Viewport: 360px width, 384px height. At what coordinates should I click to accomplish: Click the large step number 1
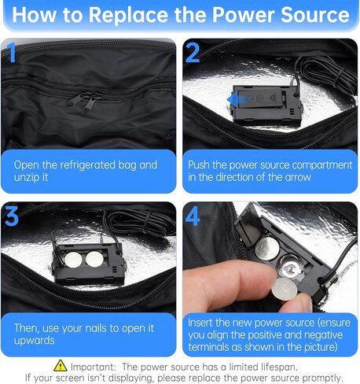(11, 52)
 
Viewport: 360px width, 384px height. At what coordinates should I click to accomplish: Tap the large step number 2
(193, 54)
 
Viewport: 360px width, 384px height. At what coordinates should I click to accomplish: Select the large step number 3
(12, 216)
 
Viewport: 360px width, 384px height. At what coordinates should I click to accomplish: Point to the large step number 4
(193, 216)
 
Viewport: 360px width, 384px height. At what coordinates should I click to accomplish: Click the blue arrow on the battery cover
(237, 100)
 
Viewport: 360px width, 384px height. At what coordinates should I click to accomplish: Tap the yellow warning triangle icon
(61, 365)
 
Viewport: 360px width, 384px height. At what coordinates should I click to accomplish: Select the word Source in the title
(314, 15)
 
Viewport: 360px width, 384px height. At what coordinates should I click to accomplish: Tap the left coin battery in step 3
(73, 260)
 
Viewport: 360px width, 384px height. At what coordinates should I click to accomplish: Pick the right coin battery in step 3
(94, 259)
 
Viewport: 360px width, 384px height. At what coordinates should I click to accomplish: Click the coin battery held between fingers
(285, 289)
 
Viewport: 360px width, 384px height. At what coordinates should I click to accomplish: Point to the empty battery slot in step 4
(291, 267)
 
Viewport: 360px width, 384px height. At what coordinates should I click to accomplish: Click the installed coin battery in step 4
(267, 249)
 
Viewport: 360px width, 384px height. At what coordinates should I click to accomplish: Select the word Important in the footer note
(93, 367)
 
